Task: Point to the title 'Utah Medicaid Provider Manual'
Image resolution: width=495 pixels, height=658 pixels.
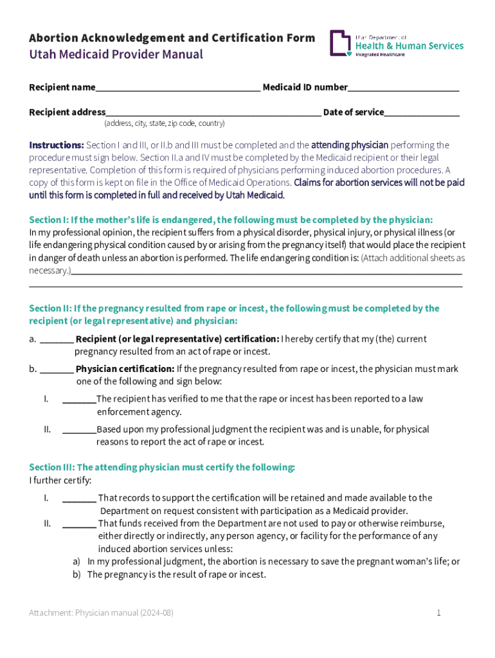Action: (116, 55)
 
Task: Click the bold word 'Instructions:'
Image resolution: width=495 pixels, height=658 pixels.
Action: (57, 145)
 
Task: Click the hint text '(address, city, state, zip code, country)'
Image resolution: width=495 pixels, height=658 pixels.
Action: (164, 123)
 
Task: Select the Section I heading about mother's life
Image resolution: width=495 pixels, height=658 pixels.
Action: (231, 219)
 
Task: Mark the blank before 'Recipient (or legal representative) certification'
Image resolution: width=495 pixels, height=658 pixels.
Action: (57, 339)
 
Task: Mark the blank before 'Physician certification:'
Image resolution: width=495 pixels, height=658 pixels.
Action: (57, 369)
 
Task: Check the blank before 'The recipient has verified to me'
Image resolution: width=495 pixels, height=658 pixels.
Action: (78, 400)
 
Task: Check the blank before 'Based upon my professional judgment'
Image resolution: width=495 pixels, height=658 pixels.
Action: (78, 430)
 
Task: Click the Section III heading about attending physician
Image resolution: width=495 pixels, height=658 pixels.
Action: (162, 467)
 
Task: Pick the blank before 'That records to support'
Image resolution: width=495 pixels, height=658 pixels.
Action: (79, 498)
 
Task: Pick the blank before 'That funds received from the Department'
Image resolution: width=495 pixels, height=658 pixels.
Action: (79, 524)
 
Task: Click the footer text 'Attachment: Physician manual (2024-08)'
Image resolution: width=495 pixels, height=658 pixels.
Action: (101, 613)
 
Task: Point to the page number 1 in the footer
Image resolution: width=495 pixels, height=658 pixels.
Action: (438, 613)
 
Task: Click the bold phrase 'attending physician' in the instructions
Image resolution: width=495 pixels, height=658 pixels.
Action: (350, 145)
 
